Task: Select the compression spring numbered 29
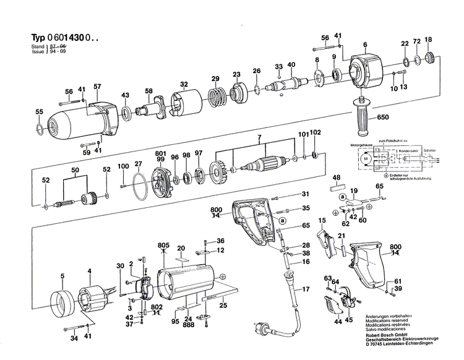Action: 217,98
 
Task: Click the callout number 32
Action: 184,84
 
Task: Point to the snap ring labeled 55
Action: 39,129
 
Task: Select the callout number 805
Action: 163,244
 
